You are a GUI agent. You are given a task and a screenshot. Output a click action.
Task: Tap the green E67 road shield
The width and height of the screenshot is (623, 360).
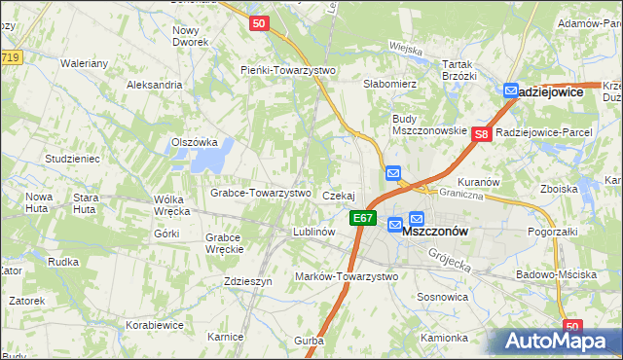click(x=363, y=218)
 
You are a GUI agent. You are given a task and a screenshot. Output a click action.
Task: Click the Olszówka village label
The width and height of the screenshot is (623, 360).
click(x=193, y=142)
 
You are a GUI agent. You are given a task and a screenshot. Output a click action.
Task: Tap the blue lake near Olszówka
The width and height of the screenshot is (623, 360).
click(x=220, y=153)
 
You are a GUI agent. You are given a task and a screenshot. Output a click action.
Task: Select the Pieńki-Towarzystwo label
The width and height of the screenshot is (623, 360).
click(x=288, y=70)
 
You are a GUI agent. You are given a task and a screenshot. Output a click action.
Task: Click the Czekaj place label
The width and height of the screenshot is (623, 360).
click(x=339, y=196)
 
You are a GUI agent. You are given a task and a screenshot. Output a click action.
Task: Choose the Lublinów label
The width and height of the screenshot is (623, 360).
click(x=314, y=233)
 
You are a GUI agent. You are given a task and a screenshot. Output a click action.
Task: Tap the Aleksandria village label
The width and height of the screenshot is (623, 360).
click(x=155, y=85)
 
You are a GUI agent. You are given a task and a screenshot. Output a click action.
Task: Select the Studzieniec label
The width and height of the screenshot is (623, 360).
click(x=72, y=158)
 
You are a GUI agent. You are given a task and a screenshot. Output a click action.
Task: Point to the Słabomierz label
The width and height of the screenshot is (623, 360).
click(x=390, y=84)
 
